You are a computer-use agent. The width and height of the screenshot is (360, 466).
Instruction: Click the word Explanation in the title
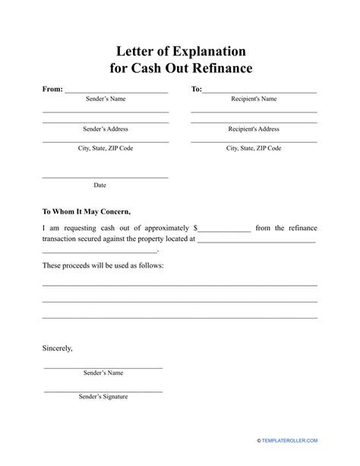point(207,52)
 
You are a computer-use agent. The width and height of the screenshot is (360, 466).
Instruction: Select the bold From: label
point(52,89)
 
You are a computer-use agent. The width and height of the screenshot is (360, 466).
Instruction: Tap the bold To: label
point(196,89)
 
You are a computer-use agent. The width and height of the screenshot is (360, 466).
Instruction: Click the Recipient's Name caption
point(254,99)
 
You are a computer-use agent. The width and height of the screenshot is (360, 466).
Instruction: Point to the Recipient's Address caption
point(254,129)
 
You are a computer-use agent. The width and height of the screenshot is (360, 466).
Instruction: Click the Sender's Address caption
point(105,129)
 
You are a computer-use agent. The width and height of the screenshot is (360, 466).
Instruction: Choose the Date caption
point(99,185)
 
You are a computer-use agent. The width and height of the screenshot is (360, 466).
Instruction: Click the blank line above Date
point(105,178)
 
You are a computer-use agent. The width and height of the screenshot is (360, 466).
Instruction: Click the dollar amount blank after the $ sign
point(224,229)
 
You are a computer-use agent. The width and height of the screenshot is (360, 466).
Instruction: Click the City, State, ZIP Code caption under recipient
point(254,148)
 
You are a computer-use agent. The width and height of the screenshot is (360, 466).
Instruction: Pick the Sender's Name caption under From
point(105,99)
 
